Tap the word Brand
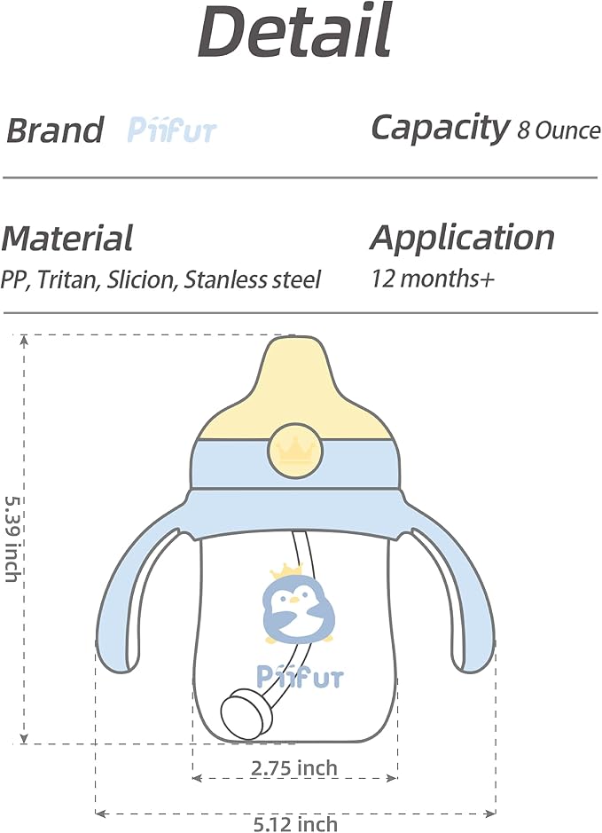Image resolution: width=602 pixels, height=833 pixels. pos(55,130)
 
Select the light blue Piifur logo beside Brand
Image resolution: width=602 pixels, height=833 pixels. pos(172,130)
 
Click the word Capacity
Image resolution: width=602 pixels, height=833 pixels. pos(440,129)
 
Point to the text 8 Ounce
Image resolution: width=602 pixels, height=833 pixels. pos(559,130)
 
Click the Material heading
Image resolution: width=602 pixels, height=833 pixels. pos(67,238)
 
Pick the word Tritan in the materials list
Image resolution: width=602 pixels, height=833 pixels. pos(69,279)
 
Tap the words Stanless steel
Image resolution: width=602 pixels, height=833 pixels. pos(252,279)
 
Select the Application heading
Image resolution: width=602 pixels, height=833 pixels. pos(463,237)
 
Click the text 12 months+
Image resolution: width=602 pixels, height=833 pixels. pos(433,279)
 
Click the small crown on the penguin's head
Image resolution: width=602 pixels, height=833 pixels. pos(283,573)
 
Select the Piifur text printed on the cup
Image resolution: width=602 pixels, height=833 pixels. pos(300,677)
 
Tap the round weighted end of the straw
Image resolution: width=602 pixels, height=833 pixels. pos(245,712)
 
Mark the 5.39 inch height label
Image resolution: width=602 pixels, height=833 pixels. pos(12,538)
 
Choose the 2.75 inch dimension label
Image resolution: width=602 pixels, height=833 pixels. pos(294,767)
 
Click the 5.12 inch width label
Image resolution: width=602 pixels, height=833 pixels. pos(295,824)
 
